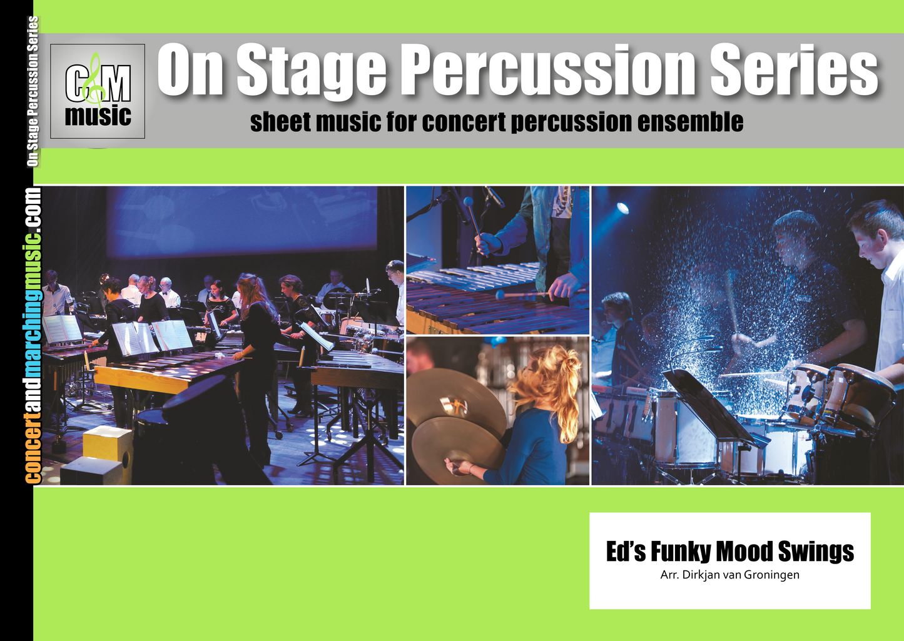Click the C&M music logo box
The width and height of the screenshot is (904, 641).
[98, 91]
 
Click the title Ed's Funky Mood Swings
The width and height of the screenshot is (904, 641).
[730, 552]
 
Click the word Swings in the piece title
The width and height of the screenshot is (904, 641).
[816, 552]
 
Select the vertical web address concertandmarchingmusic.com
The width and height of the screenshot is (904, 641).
[33, 335]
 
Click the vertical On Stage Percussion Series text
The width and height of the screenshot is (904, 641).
[33, 91]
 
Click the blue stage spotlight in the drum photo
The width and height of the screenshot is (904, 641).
[622, 208]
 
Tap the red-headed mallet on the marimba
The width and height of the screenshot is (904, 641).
[500, 294]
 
